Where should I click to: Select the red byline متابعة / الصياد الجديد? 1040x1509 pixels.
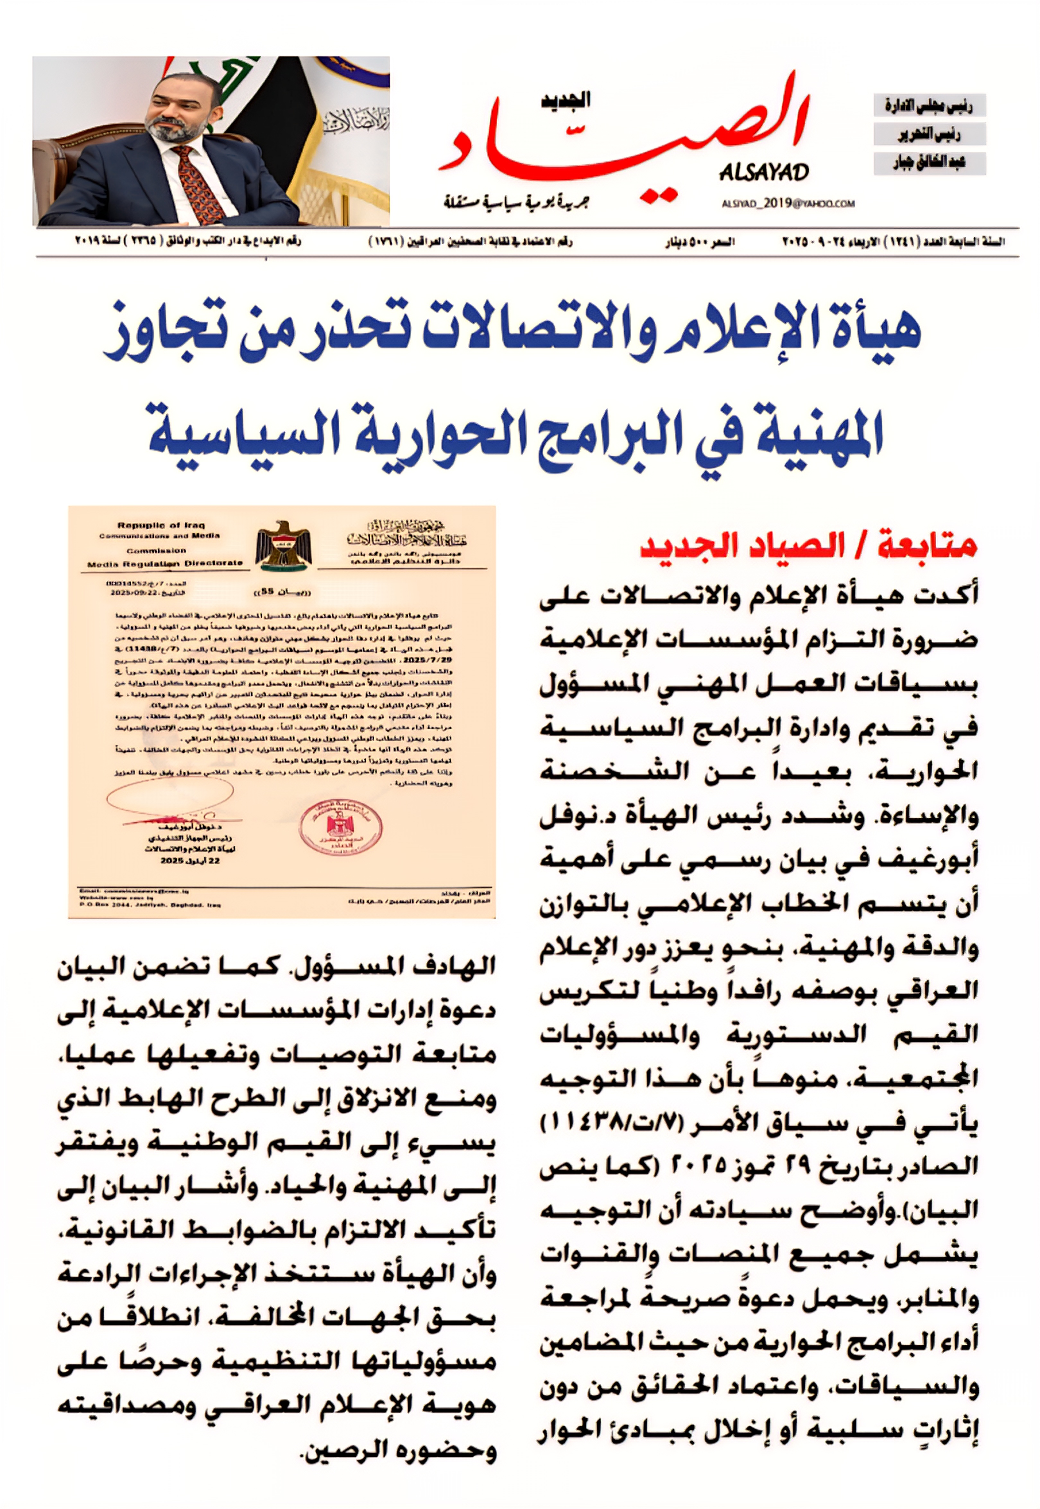tap(808, 546)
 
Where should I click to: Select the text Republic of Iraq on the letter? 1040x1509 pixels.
tap(161, 525)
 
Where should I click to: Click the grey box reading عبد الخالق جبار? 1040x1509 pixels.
tap(929, 163)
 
